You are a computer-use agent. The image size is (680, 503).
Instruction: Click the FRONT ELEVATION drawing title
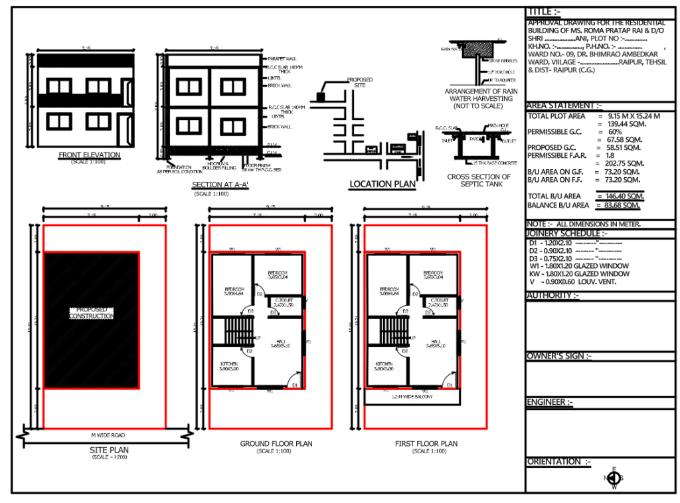[x=89, y=155]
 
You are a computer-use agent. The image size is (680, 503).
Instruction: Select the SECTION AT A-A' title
[x=219, y=185]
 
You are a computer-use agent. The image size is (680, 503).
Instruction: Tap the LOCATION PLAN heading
[x=382, y=184]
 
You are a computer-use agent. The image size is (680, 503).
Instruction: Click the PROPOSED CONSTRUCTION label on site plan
[x=92, y=313]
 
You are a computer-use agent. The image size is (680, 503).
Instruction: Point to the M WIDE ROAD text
[x=108, y=435]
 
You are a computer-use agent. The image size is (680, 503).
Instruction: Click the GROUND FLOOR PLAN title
[x=276, y=443]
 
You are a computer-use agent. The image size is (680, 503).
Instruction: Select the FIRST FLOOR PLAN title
[x=426, y=443]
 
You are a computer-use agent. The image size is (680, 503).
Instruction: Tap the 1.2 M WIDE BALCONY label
[x=412, y=396]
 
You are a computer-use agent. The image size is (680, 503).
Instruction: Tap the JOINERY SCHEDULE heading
[x=566, y=234]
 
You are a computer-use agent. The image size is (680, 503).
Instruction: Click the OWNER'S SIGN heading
[x=558, y=356]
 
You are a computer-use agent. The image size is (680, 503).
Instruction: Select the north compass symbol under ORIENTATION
[x=614, y=478]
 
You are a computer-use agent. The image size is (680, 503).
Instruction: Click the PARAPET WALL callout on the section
[x=282, y=58]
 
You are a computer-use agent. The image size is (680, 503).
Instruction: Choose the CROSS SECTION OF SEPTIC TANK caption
[x=479, y=180]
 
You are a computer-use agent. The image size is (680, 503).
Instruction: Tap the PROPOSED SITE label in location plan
[x=360, y=82]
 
